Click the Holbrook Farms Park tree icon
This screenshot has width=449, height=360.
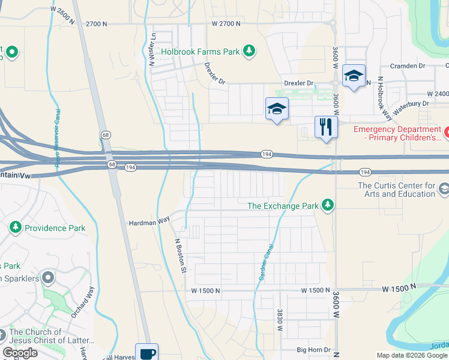click(249, 52)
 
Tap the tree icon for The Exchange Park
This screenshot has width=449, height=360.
click(328, 206)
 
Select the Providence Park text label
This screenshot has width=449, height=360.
click(55, 228)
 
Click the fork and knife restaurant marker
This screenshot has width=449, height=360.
click(326, 127)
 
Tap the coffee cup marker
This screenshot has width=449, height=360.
click(146, 352)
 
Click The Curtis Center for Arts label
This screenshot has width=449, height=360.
click(396, 190)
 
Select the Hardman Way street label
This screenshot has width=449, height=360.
click(149, 222)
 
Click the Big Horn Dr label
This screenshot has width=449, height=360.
click(314, 349)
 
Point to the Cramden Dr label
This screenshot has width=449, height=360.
click(407, 66)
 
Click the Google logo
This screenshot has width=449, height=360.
click(20, 353)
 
